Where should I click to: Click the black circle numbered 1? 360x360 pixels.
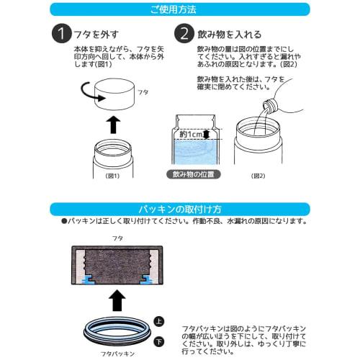[x=62, y=33]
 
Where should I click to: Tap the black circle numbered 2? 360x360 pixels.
[x=184, y=33]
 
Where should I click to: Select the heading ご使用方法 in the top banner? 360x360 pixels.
[x=174, y=9]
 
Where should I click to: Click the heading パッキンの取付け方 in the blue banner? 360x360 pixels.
[x=180, y=210]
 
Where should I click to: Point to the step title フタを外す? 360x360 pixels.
[x=96, y=35]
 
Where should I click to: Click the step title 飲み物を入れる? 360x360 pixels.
[x=229, y=35]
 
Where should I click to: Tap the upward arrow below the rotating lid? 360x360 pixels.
[x=114, y=125]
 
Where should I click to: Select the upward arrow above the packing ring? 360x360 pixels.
[x=117, y=301]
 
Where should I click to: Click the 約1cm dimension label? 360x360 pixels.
[x=192, y=135]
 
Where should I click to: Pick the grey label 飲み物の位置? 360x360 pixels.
[x=194, y=174]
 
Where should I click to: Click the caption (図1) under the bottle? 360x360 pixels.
[x=112, y=176]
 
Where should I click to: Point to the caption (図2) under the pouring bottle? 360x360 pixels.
[x=258, y=176]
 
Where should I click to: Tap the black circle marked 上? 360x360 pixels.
[x=158, y=322]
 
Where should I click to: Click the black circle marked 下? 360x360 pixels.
[x=158, y=342]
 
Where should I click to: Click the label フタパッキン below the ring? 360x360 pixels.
[x=117, y=354]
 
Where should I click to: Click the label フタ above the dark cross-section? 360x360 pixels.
[x=117, y=238]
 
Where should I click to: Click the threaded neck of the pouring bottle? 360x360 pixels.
[x=271, y=105]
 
